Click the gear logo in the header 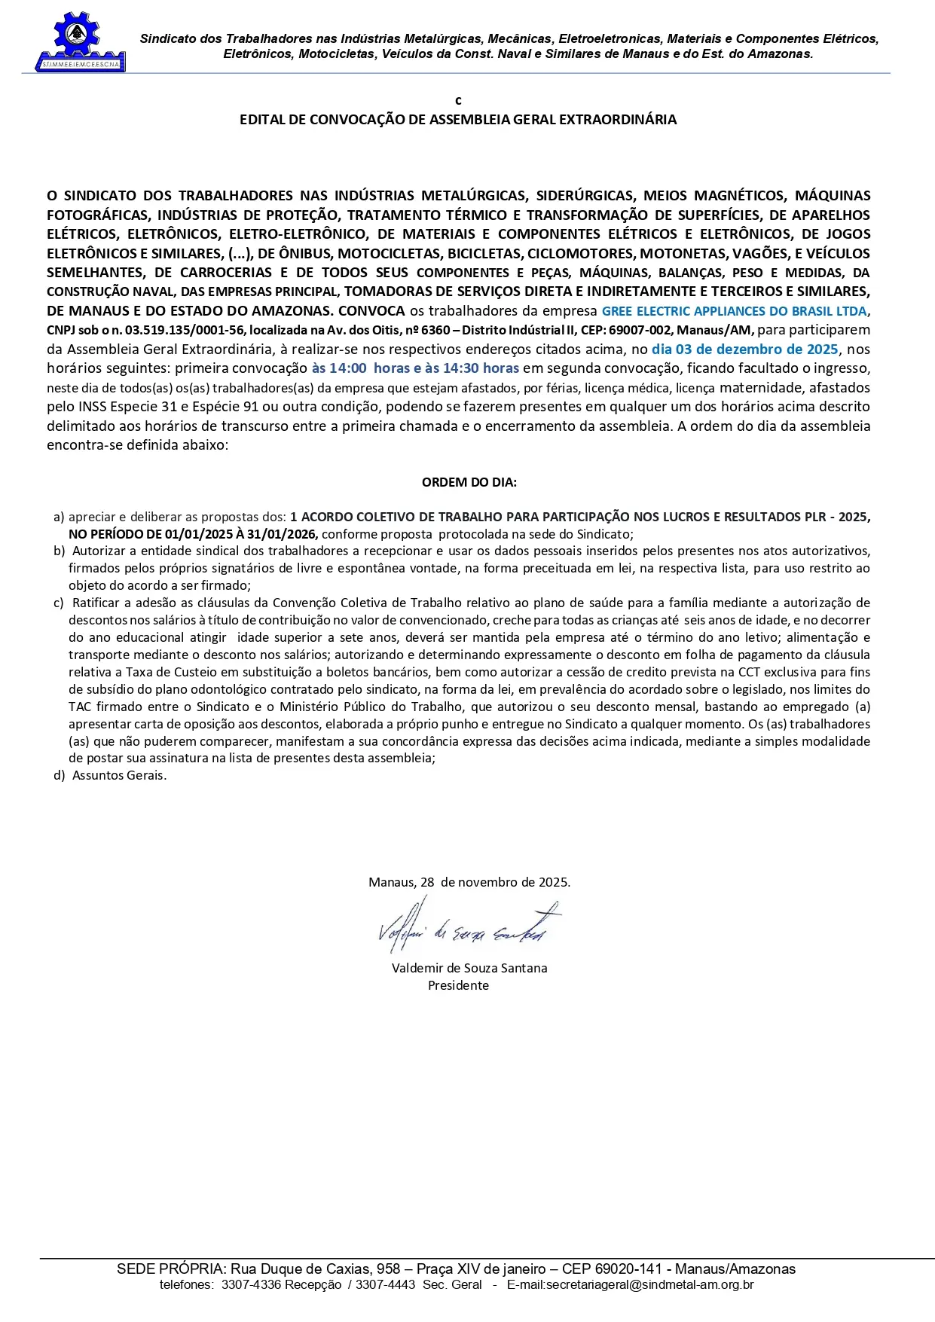[78, 39]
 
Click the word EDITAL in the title [262, 120]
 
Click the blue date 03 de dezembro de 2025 [744, 350]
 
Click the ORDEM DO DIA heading [469, 483]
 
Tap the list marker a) [59, 518]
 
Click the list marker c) [59, 603]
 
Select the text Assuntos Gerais [119, 776]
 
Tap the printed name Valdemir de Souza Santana [469, 969]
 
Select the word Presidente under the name [458, 986]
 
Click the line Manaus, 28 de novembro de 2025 [469, 883]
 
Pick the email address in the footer [630, 1285]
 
